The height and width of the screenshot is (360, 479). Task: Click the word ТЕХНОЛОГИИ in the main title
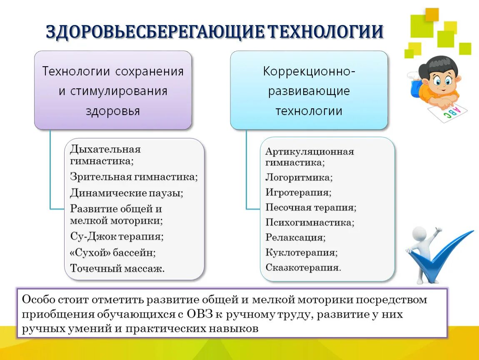(324, 32)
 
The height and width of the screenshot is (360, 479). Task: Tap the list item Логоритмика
(299, 177)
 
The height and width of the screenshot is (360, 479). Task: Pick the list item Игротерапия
(298, 192)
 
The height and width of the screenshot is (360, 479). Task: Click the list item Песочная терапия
(311, 207)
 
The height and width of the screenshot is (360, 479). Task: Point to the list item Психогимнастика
(310, 222)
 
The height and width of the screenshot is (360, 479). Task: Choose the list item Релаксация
(295, 237)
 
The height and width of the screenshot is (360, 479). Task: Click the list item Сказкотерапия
(303, 267)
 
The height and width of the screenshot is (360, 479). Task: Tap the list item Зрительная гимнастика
(134, 177)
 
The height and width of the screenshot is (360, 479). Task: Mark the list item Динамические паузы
(127, 193)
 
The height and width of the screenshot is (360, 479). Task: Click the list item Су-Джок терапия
(117, 237)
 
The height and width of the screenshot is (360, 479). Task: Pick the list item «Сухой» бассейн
(112, 252)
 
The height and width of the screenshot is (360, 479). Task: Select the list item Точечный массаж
(117, 268)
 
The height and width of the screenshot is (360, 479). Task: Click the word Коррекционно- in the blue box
(309, 71)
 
